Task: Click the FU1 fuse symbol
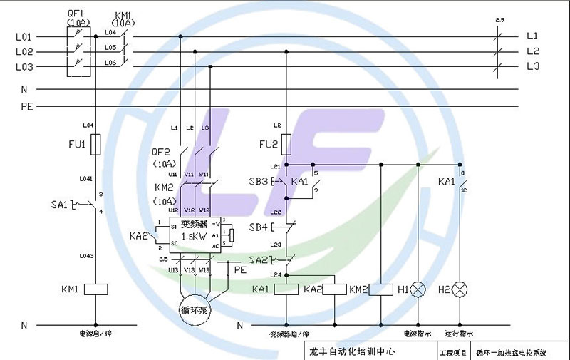[95, 145]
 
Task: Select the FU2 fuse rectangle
[286, 145]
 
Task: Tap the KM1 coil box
[95, 289]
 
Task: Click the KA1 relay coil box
[286, 289]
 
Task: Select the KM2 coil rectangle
[381, 289]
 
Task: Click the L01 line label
[24, 36]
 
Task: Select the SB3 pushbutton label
[258, 182]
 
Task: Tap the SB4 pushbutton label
[258, 227]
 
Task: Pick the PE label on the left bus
[26, 106]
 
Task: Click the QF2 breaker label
[162, 152]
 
